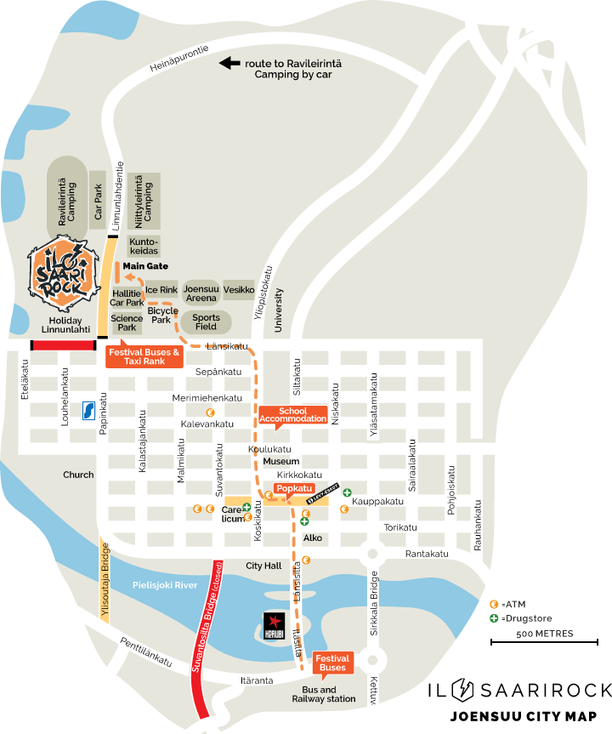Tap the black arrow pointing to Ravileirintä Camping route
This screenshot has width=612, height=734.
228,63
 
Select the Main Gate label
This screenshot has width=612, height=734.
145,266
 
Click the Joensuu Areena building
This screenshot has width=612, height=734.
201,293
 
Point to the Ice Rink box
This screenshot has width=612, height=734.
161,290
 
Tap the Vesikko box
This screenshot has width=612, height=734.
239,290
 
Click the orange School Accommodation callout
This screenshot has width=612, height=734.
293,415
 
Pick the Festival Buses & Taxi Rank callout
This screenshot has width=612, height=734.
144,356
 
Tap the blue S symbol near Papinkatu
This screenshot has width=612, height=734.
88,411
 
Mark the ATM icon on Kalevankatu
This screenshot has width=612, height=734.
198,413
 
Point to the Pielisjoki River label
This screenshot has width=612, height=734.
166,585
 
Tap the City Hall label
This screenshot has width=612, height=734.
263,566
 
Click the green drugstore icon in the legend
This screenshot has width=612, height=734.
494,617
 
